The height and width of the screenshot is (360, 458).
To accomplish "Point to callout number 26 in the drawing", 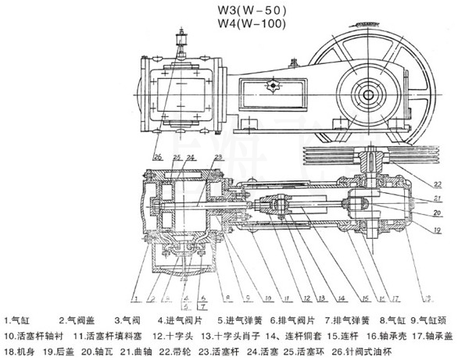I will pyautogui.click(x=157, y=158).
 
